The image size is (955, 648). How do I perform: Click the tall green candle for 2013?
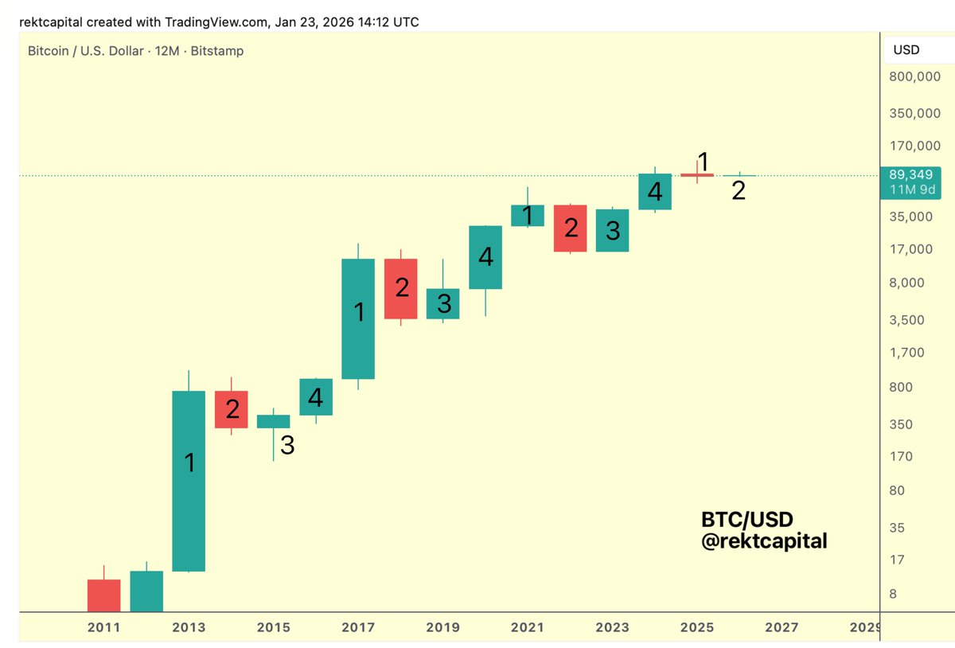189,481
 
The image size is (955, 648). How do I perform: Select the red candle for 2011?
103,595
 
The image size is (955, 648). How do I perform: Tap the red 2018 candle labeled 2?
402,288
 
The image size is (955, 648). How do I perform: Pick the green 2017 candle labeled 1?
358,318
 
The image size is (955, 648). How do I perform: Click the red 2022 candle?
571,228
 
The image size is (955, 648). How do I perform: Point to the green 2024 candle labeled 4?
655,191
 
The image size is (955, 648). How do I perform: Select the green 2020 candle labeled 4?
485,257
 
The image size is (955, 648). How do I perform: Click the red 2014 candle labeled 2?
232,409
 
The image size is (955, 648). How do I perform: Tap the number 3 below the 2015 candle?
287,446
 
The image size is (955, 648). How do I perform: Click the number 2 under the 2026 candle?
739,191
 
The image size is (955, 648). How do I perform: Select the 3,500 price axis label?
908,319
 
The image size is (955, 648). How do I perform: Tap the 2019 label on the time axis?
442,627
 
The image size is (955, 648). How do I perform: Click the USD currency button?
906,50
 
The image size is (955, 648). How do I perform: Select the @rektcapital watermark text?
764,541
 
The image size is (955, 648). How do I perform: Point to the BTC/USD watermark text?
746,520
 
